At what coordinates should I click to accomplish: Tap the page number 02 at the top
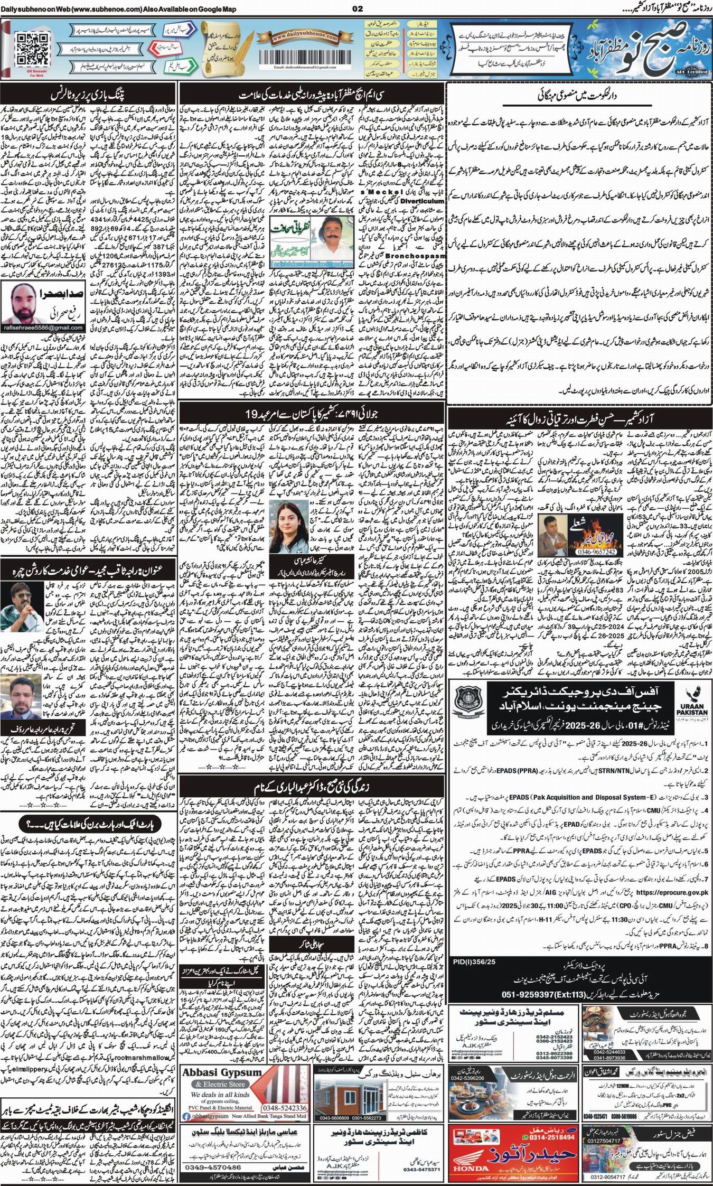click(357, 8)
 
